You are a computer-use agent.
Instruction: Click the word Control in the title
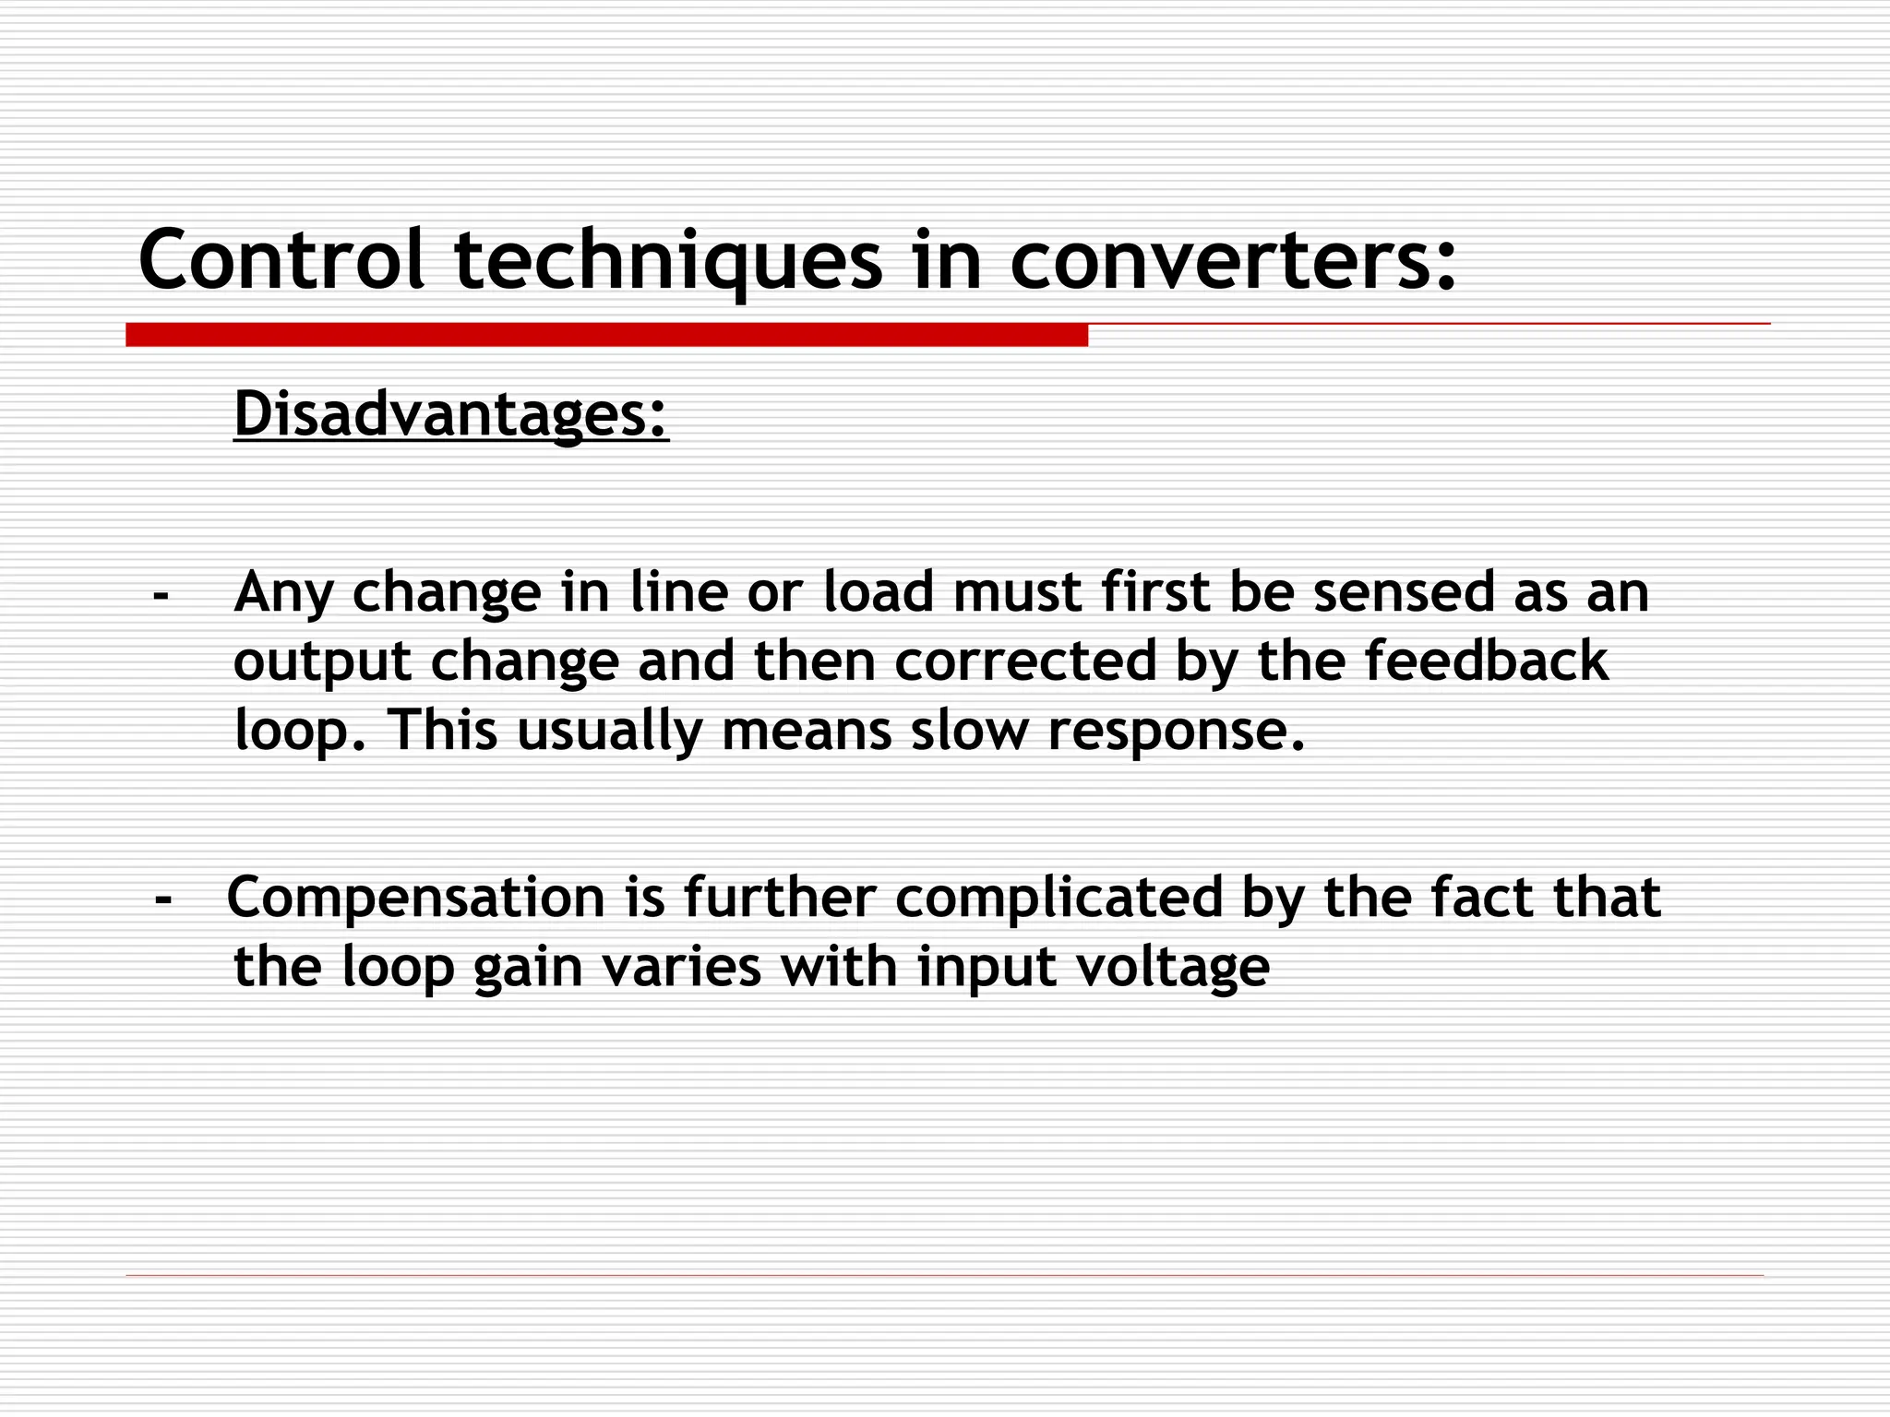pos(281,260)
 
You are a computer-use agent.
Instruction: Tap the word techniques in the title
pos(668,262)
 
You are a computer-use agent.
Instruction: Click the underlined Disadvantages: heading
pos(450,414)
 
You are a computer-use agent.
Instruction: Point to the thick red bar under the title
pos(606,335)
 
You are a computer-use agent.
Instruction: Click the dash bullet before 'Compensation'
pos(164,899)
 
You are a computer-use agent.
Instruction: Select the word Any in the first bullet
pos(283,593)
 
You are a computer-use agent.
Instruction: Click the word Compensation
pos(415,899)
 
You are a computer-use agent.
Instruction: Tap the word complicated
pos(1059,899)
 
